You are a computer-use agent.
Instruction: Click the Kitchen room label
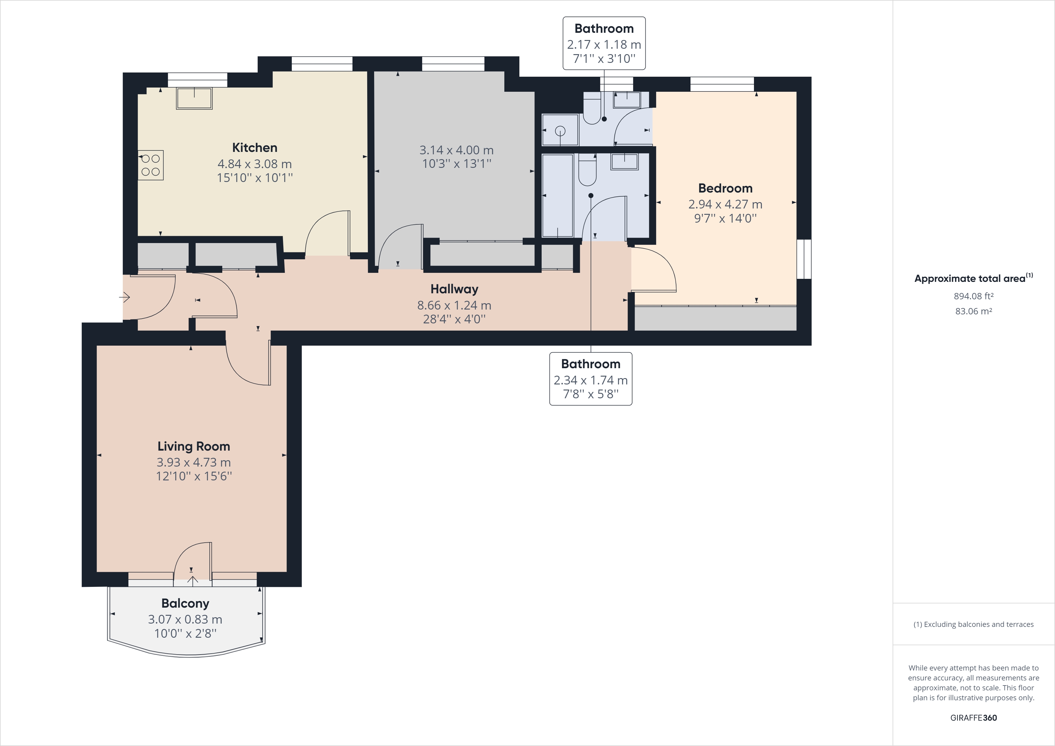254,147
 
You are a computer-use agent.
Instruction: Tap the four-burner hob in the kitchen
151,165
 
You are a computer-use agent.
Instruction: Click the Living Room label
193,446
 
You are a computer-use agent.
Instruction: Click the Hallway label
454,289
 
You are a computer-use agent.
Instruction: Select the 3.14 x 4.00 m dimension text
456,150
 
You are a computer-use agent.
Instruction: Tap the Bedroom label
725,188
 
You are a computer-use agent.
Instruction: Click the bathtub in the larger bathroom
557,195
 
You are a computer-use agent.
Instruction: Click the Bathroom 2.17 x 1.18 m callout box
604,43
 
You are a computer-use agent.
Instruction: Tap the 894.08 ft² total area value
973,296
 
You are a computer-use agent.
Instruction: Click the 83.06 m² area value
973,311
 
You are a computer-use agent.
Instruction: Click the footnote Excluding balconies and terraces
973,624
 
